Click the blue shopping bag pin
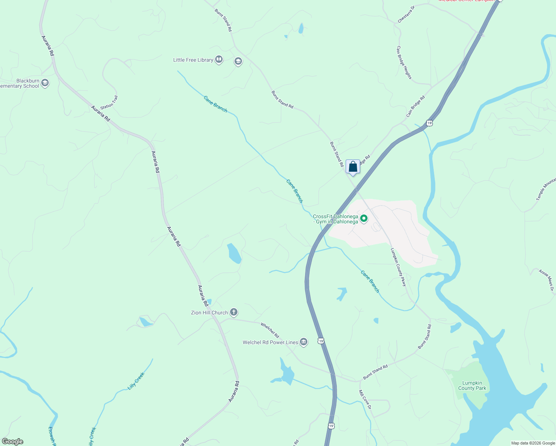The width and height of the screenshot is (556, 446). pyautogui.click(x=353, y=167)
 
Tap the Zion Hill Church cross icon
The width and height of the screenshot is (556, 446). pyautogui.click(x=234, y=312)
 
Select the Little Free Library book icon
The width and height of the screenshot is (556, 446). pyautogui.click(x=219, y=59)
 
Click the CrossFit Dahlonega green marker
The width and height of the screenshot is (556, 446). pyautogui.click(x=364, y=219)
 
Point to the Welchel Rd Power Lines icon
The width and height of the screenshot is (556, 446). pyautogui.click(x=304, y=342)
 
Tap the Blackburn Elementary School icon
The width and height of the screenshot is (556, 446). pyautogui.click(x=45, y=83)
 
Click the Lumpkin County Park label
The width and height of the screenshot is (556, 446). pyautogui.click(x=472, y=385)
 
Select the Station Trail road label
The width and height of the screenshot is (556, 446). pyautogui.click(x=109, y=102)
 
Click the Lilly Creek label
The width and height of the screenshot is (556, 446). pyautogui.click(x=136, y=381)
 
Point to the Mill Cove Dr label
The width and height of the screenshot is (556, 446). pyautogui.click(x=365, y=400)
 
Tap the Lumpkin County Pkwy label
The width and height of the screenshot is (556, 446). pyautogui.click(x=398, y=267)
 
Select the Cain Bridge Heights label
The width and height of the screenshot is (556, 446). pyautogui.click(x=404, y=62)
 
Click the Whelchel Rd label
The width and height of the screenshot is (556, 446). pyautogui.click(x=270, y=330)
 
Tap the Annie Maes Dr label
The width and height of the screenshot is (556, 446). pyautogui.click(x=546, y=280)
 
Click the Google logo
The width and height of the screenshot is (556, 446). pyautogui.click(x=12, y=442)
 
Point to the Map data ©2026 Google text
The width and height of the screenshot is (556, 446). pyautogui.click(x=533, y=443)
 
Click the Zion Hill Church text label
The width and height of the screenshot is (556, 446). pyautogui.click(x=209, y=313)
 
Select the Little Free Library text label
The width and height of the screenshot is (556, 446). pyautogui.click(x=193, y=60)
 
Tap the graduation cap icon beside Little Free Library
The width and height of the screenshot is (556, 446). pyautogui.click(x=238, y=61)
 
